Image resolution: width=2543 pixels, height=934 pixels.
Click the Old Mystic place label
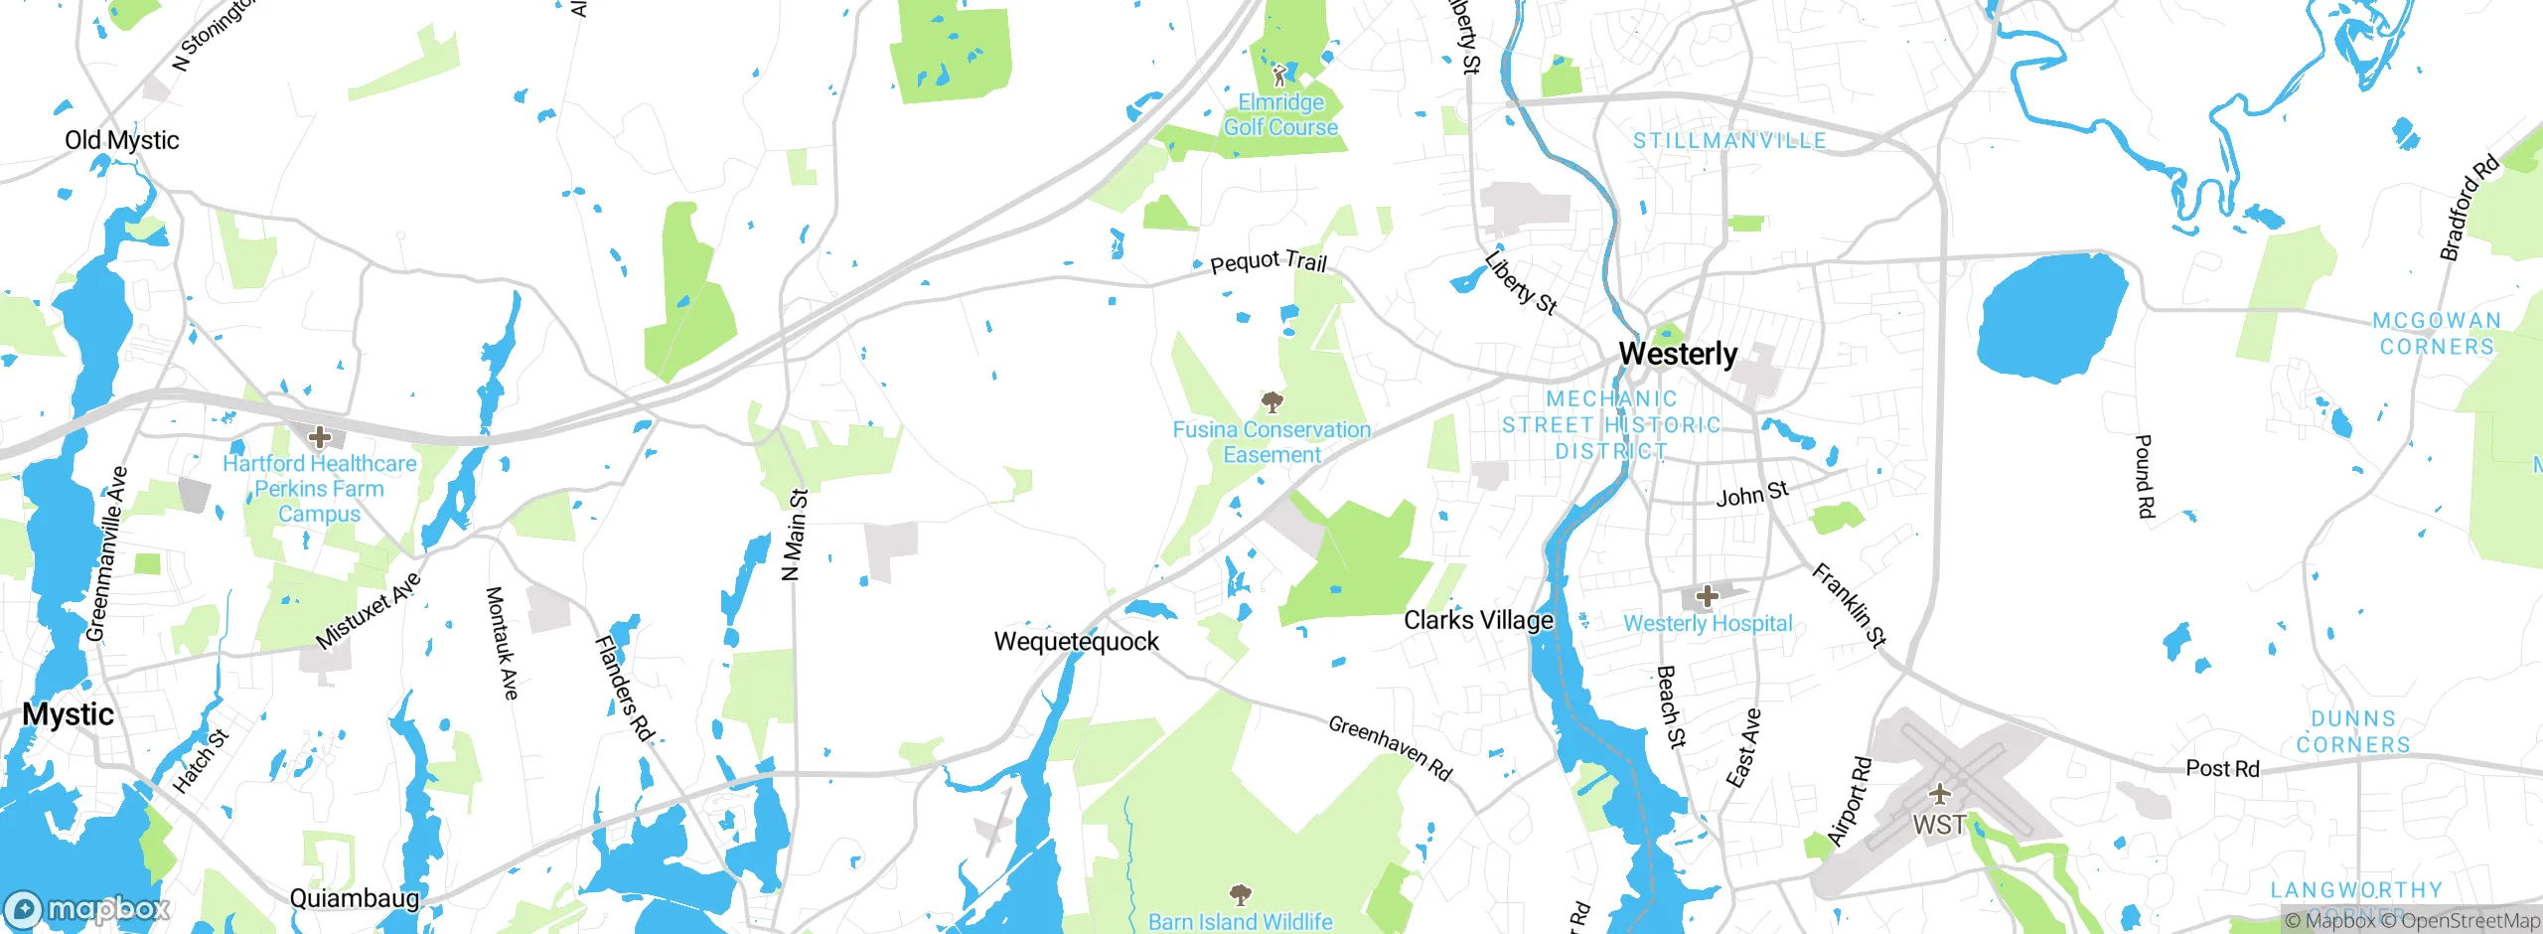(x=121, y=140)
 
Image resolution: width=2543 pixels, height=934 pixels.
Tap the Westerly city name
(x=1678, y=354)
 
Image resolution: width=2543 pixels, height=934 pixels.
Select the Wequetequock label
(x=1076, y=642)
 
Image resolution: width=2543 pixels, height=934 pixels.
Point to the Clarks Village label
(x=1478, y=620)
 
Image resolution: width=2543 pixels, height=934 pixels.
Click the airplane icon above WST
(x=1939, y=794)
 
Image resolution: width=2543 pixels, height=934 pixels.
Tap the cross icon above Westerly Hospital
(x=1707, y=596)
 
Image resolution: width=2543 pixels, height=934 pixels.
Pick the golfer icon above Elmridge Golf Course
(x=1280, y=76)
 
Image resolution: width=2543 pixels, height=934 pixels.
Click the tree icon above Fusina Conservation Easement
(x=1271, y=402)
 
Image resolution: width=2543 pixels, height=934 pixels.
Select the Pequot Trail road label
(x=1269, y=262)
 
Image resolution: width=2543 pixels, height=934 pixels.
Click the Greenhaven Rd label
(x=1390, y=747)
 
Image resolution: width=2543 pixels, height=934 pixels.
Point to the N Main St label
(x=795, y=535)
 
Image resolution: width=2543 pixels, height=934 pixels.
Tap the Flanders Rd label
(x=625, y=689)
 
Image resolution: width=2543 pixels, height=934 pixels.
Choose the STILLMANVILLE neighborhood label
(x=1729, y=141)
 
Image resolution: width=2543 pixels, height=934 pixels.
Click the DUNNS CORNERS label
(x=2352, y=731)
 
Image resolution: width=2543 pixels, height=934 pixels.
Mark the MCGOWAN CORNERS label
(x=2436, y=334)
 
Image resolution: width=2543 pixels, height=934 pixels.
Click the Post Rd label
(x=2222, y=769)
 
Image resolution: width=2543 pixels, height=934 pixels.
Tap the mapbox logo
(x=87, y=908)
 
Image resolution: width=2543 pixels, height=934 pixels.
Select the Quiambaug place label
(x=354, y=898)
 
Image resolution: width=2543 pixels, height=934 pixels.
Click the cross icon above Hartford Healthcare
(x=319, y=437)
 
